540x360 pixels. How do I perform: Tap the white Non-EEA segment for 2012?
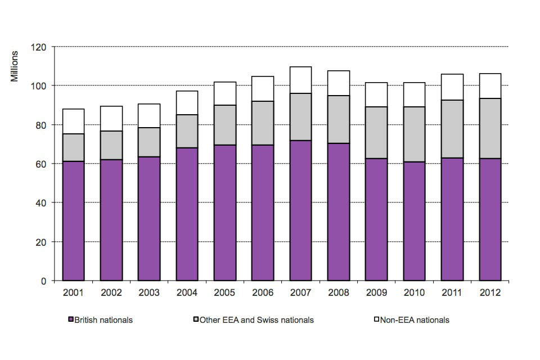(x=490, y=86)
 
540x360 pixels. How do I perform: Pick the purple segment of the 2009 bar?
(x=376, y=219)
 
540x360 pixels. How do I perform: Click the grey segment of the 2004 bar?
(x=187, y=131)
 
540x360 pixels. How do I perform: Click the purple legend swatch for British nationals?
(x=71, y=320)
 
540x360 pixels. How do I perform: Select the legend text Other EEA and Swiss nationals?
(x=256, y=320)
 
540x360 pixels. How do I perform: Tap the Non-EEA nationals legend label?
(x=415, y=320)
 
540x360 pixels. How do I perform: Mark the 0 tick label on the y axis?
(x=44, y=281)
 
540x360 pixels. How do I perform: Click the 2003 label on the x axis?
(x=149, y=293)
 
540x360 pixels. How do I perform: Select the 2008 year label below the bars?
(x=338, y=293)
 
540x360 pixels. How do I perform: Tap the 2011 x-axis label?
(x=452, y=293)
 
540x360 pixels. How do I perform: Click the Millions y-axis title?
(x=15, y=66)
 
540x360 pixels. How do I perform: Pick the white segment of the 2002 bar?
(x=111, y=119)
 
